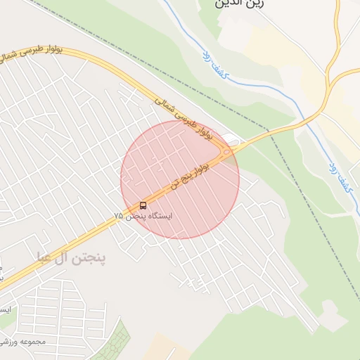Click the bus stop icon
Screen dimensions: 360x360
point(143,205)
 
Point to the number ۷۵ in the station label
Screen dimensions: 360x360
point(119,217)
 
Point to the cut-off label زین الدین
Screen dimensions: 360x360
point(235,4)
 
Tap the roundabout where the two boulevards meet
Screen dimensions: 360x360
point(227,151)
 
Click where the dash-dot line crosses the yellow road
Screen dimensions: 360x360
point(271,131)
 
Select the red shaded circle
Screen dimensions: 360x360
point(180,179)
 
